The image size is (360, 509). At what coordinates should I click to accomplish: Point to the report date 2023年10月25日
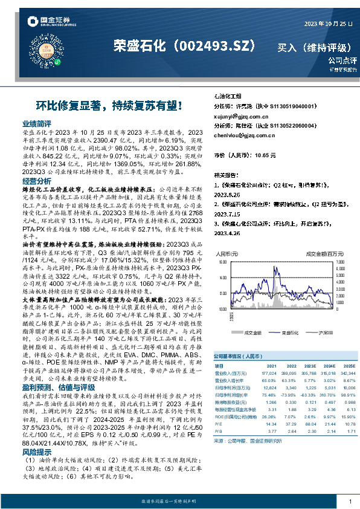tap(318, 23)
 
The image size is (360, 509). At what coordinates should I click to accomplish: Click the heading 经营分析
tap(36, 181)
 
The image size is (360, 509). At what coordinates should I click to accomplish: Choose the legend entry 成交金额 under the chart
tap(252, 332)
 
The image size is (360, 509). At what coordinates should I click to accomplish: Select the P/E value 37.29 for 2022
tap(290, 424)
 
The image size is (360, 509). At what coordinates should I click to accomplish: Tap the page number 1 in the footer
tap(350, 502)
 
